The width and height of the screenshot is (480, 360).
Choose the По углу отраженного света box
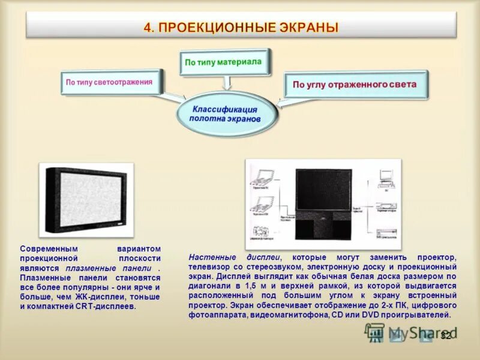click(x=354, y=85)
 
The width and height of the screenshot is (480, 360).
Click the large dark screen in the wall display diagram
click(x=323, y=188)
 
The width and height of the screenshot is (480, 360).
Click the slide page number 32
click(x=445, y=335)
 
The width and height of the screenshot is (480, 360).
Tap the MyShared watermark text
click(x=414, y=333)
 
